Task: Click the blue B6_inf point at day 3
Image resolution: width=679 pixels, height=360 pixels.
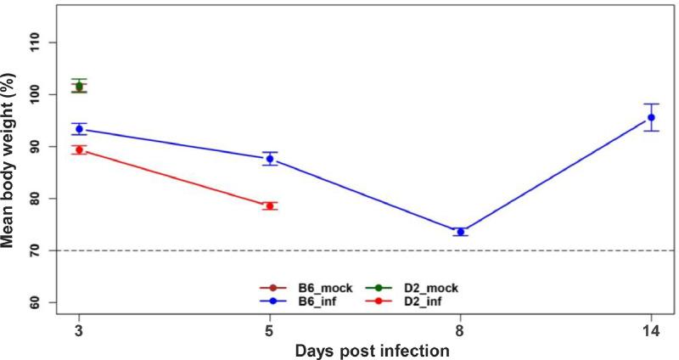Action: tap(79, 129)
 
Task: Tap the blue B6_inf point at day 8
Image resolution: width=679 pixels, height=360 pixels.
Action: tap(460, 232)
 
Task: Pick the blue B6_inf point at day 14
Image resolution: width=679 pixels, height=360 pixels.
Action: tap(651, 117)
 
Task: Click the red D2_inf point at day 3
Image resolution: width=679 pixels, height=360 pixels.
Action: tap(79, 149)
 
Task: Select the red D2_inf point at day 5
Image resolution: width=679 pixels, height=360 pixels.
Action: tap(270, 205)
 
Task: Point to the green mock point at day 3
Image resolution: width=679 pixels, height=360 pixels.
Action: tap(79, 86)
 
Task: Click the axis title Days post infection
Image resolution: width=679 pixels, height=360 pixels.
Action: tap(365, 350)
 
